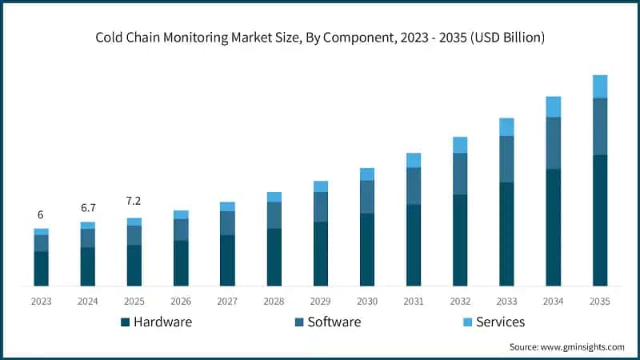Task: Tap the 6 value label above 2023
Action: [41, 214]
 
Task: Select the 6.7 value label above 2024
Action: [87, 208]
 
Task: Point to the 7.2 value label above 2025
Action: [134, 201]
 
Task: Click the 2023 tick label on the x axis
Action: [41, 301]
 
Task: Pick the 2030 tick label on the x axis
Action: [367, 301]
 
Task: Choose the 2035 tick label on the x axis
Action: [599, 301]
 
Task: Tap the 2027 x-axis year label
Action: [227, 301]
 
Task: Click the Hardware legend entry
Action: [157, 322]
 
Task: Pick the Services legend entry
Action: [493, 322]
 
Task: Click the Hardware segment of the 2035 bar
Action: [600, 220]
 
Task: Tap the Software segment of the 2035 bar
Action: [600, 126]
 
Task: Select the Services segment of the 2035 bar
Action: [600, 86]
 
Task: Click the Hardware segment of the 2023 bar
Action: [41, 269]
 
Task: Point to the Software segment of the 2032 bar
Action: [460, 174]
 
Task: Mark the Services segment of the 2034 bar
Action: [553, 106]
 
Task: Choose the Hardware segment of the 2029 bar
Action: [320, 254]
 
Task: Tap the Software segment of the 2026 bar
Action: [181, 230]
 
